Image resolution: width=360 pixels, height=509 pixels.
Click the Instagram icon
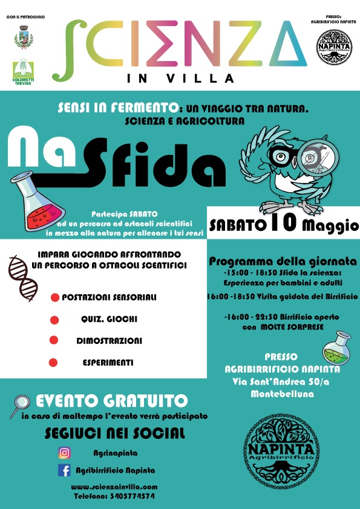64,453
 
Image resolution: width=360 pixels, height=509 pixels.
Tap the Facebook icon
64,470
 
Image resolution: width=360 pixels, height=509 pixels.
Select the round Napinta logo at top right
335,47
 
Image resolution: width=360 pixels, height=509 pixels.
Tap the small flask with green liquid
337,348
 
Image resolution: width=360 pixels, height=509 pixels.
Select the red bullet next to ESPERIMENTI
53,363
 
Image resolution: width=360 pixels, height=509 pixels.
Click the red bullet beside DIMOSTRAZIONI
53,341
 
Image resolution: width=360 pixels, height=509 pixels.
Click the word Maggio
329,225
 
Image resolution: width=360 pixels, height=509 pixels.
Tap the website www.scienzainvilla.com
114,487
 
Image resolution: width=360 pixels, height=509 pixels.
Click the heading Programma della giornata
283,262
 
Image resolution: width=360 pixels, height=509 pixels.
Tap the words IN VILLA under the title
182,78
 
